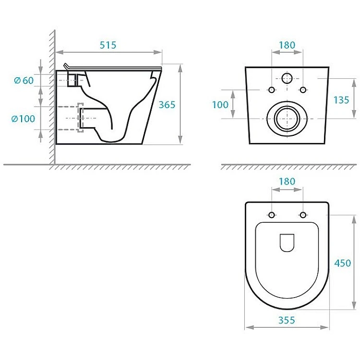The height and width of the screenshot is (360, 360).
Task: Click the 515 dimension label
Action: [108, 45]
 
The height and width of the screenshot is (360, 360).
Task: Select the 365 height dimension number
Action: [167, 105]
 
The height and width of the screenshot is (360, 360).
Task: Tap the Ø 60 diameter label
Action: [24, 80]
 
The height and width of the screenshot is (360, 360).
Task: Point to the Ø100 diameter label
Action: [23, 119]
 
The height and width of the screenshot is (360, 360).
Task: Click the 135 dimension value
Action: [341, 100]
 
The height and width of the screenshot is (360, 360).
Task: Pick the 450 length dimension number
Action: [342, 263]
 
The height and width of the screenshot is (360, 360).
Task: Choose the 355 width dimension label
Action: [287, 320]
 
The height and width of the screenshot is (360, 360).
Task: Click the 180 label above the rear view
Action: [287, 45]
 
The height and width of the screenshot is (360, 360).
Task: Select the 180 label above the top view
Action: [287, 181]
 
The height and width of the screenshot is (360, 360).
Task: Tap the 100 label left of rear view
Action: [220, 105]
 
